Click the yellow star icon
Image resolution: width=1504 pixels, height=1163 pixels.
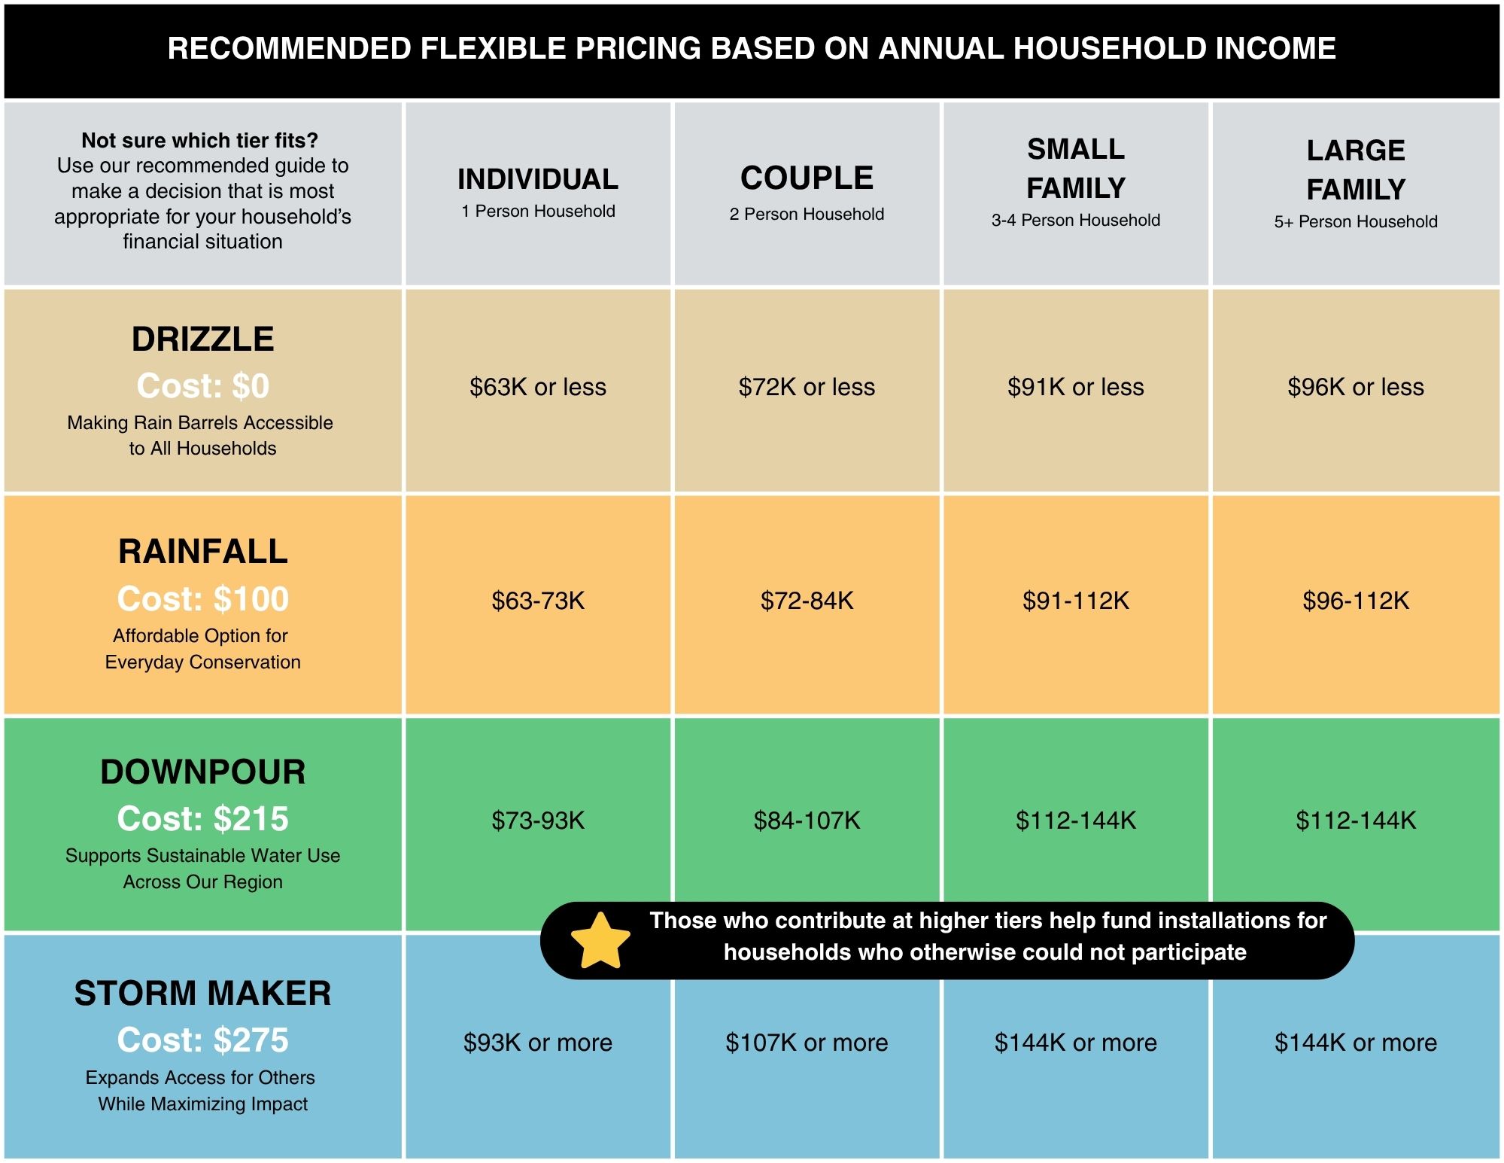(600, 941)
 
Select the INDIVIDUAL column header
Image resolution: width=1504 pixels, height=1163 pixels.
(538, 179)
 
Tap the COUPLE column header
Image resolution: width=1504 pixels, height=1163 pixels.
(807, 178)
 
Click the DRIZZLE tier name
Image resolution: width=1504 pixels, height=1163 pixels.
(202, 339)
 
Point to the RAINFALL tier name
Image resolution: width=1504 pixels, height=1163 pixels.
(202, 552)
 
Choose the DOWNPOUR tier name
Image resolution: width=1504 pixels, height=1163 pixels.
(202, 772)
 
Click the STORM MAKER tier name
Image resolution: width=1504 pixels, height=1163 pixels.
(202, 994)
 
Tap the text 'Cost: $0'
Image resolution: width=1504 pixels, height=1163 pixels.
(202, 386)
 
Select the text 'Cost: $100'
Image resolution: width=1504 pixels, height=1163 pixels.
(202, 599)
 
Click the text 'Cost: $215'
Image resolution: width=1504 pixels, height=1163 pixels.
(202, 819)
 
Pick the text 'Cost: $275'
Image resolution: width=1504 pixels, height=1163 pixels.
(202, 1040)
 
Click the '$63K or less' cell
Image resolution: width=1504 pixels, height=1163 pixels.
(538, 387)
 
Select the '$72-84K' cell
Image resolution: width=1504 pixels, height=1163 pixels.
(807, 601)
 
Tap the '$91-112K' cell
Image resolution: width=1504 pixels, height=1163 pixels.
(1076, 601)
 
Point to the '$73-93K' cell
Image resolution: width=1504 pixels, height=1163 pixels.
(538, 820)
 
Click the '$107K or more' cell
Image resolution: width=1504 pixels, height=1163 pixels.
(807, 1043)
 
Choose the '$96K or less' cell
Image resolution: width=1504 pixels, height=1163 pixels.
(1356, 387)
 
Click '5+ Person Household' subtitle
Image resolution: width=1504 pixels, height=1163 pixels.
(1356, 221)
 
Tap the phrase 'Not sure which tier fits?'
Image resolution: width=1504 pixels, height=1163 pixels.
(200, 141)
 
